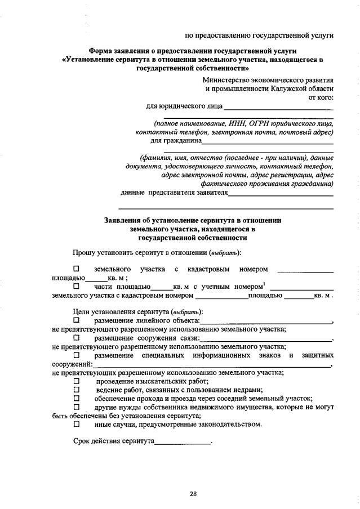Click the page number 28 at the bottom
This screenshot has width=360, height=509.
[x=193, y=494]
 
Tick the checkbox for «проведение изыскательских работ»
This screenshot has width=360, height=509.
[x=77, y=381]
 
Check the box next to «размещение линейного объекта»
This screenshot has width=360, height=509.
[x=77, y=321]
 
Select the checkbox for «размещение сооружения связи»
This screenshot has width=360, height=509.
[x=77, y=338]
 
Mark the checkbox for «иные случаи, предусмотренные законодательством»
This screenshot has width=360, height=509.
[x=77, y=424]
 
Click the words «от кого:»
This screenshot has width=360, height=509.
[x=321, y=97]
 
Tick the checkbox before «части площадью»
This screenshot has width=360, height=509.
[x=77, y=287]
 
